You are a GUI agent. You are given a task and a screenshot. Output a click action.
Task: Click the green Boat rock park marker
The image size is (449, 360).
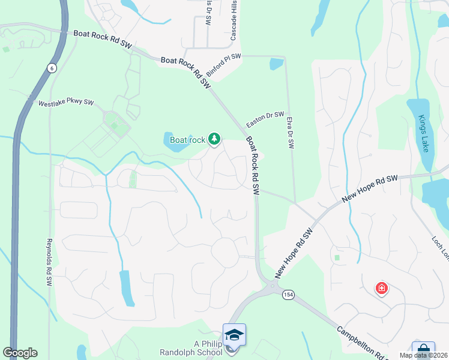click(214, 140)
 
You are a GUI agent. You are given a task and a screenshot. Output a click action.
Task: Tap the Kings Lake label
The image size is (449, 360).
click(426, 134)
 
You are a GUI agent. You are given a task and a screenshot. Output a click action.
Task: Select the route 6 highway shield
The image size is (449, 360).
click(52, 68)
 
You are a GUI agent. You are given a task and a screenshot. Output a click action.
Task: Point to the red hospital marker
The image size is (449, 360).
click(381, 289)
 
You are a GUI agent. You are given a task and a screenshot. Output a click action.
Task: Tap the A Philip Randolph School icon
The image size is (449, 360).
click(234, 334)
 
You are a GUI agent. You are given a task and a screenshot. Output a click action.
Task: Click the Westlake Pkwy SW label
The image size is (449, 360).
click(66, 103)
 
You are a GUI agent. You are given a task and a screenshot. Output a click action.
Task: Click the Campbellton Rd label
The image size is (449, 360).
click(360, 343)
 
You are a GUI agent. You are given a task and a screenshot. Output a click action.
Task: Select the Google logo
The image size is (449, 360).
click(20, 353)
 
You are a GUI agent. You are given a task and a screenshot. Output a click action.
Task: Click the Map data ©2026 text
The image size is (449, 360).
click(423, 355)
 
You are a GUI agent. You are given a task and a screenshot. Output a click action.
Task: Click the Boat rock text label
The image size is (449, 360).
click(187, 140)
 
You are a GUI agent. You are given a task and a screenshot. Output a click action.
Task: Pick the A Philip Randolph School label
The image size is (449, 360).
click(191, 348)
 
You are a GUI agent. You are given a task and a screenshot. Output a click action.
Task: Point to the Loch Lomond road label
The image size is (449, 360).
click(440, 248)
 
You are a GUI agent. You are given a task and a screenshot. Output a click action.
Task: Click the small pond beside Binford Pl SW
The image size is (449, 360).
click(276, 64)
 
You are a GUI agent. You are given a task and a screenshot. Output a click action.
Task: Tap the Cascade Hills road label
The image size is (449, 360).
click(234, 20)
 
